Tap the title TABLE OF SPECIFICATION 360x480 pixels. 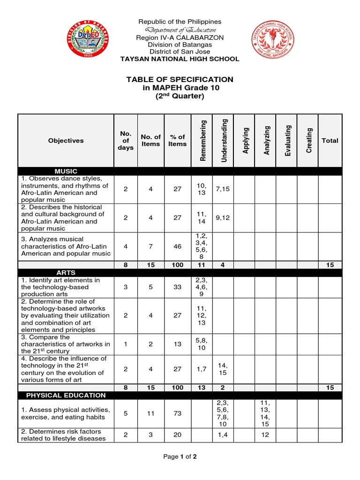tap(180, 80)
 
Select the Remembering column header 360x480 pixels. tap(202, 140)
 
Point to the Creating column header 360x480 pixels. tap(308, 140)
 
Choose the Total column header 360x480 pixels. tap(330, 140)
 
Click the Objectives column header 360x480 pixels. tap(66, 140)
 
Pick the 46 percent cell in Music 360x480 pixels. tap(177, 246)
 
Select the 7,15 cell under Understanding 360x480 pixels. tap(223, 189)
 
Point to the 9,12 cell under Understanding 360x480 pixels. tap(223, 217)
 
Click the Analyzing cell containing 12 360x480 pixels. tap(265, 435)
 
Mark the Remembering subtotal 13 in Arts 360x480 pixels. tap(202, 388)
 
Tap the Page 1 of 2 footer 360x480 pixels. tap(180, 457)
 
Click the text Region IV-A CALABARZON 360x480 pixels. tap(180, 37)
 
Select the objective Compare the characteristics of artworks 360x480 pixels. tap(65, 344)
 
